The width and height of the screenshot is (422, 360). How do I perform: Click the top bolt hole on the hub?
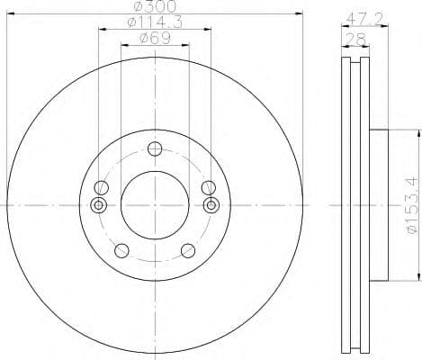tap(155, 149)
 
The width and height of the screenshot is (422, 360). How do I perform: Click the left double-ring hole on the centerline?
tap(99, 206)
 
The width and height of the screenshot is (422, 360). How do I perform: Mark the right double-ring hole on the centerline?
tap(211, 206)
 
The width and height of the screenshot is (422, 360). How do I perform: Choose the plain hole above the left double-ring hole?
tap(102, 187)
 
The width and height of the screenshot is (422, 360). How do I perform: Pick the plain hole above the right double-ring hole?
tap(208, 187)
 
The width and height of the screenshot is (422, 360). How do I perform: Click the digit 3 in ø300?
tap(147, 8)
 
